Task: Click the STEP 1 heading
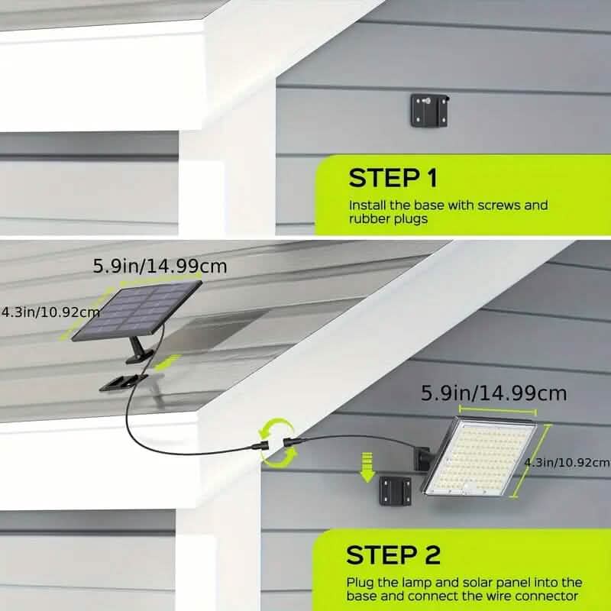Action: (x=393, y=178)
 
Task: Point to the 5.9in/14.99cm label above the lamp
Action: (x=494, y=393)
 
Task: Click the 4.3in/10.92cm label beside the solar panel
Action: (x=50, y=312)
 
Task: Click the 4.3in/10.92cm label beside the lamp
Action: (x=567, y=462)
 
